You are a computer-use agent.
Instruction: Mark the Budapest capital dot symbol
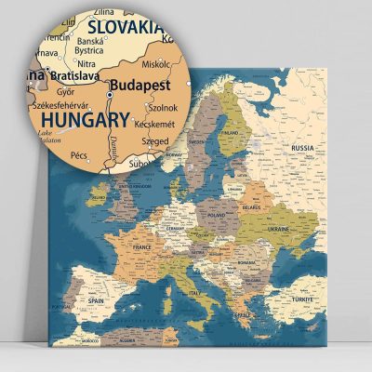coord(110,94)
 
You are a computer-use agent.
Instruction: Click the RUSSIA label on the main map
coord(303,148)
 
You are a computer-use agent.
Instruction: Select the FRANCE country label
coord(141,248)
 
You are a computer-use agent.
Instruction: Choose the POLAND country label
coord(216,213)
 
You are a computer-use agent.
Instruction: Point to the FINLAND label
coord(230,132)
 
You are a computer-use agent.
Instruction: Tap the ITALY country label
coord(195,295)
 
